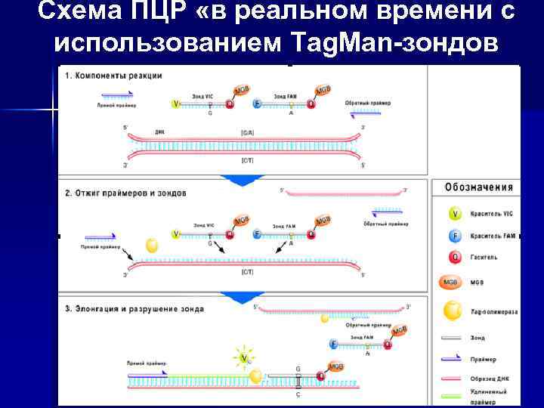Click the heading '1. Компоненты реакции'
point(113,76)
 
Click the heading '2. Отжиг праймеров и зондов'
point(125,193)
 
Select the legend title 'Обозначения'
point(479,187)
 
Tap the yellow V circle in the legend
point(455,215)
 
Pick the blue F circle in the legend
point(455,236)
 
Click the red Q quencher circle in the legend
point(455,257)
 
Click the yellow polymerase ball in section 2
point(152,246)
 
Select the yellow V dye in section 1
point(177,104)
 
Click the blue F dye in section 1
point(257,104)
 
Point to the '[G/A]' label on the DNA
point(247,133)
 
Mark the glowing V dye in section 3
point(243,355)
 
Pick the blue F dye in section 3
point(332,344)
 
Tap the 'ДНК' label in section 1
point(160,132)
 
